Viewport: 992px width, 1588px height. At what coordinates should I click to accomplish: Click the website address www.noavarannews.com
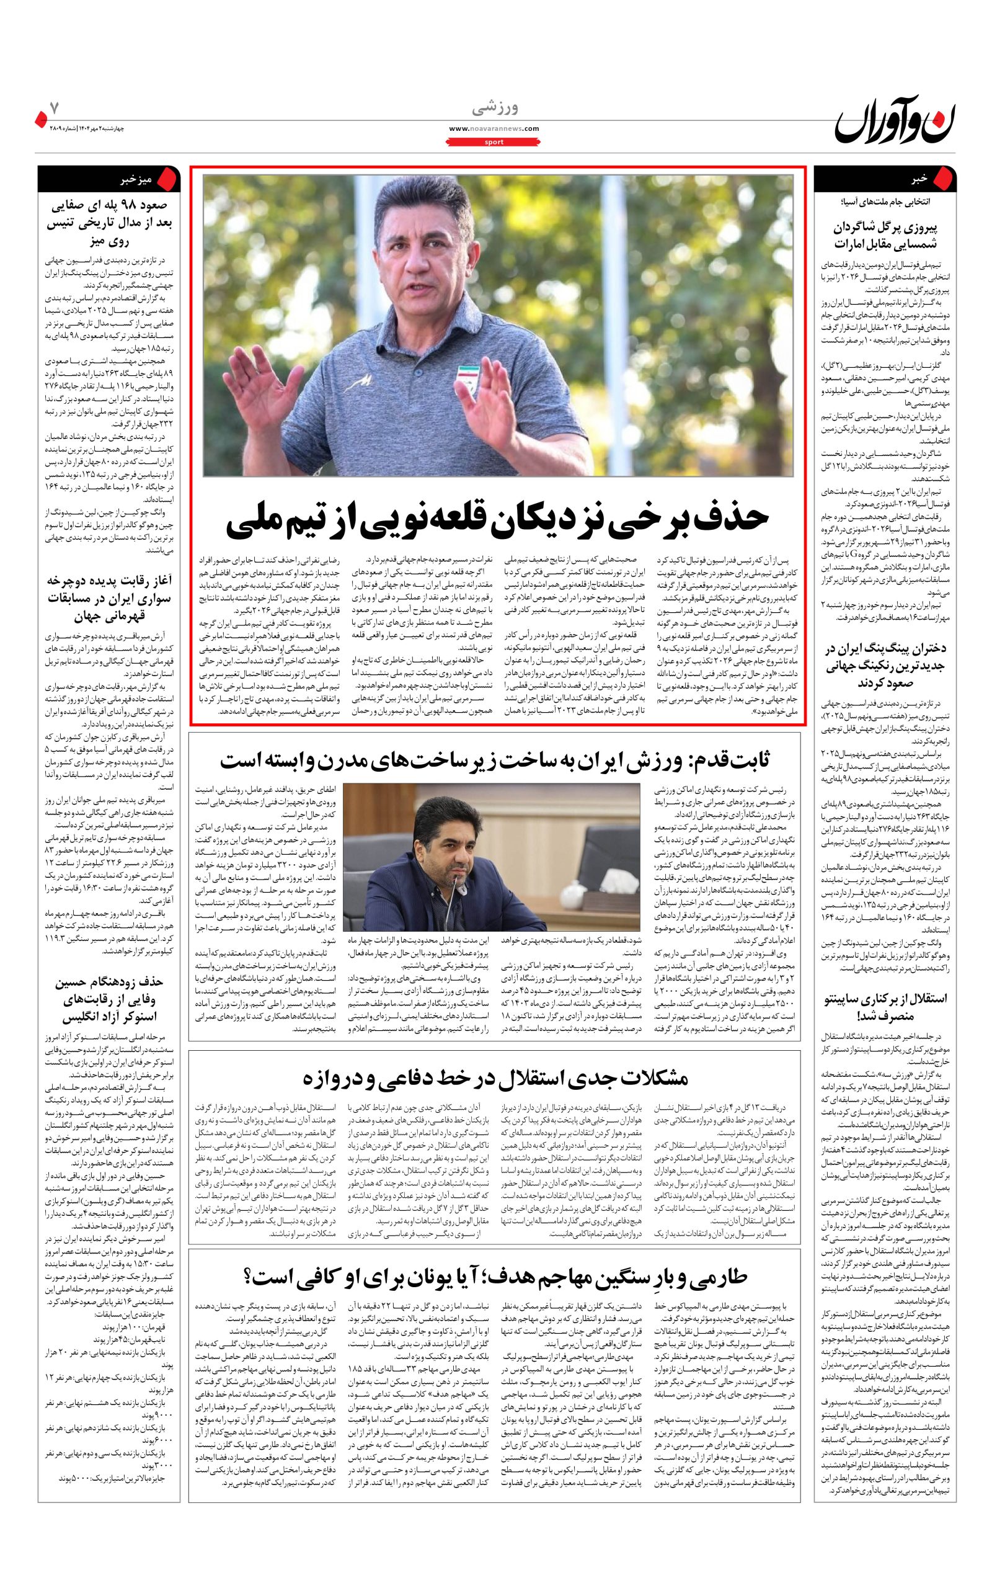click(x=495, y=128)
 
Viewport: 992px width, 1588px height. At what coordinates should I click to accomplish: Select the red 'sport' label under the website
click(x=495, y=141)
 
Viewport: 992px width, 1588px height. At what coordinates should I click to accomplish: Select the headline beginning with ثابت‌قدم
click(x=494, y=760)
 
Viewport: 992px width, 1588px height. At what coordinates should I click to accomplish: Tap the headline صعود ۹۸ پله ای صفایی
click(x=109, y=223)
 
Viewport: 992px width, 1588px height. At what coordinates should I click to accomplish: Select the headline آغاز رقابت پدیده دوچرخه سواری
click(x=109, y=598)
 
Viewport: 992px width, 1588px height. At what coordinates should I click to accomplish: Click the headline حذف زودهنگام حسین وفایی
click(x=109, y=999)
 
